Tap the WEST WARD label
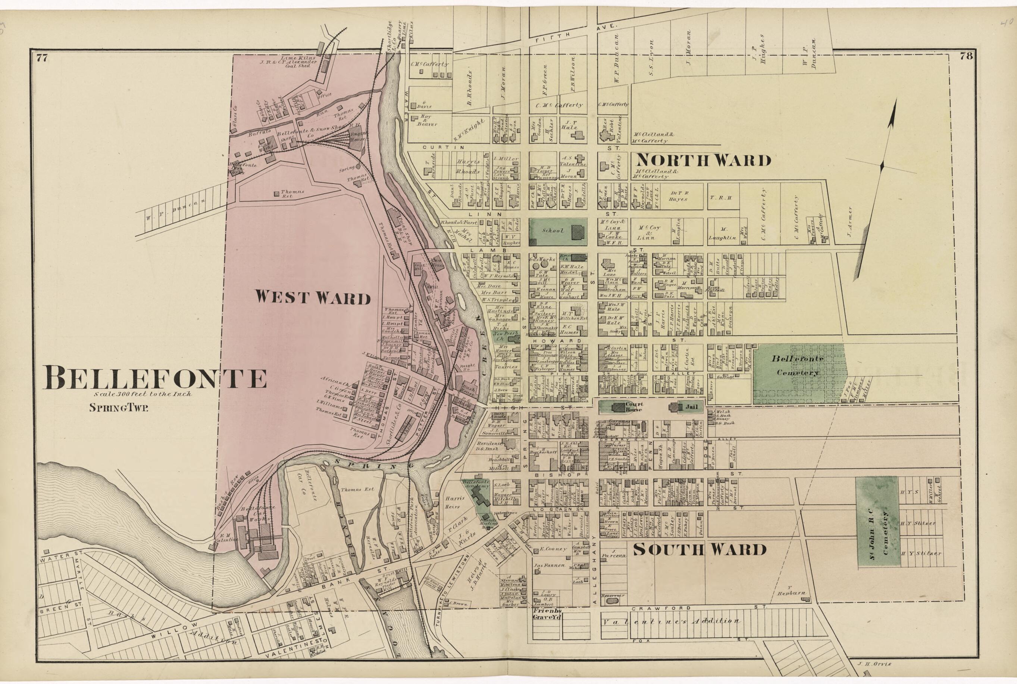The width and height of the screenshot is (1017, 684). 313,297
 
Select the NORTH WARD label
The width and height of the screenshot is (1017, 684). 702,160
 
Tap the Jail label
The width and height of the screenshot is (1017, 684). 691,407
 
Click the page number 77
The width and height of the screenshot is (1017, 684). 42,57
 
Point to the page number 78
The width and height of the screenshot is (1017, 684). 966,56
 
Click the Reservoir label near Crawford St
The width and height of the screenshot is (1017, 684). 613,596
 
